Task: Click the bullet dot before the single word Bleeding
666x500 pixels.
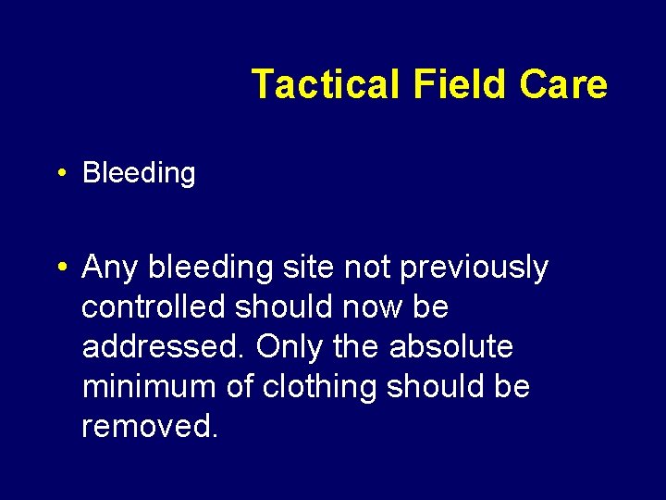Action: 60,173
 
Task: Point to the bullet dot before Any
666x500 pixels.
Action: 60,268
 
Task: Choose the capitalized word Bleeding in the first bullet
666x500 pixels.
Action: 139,173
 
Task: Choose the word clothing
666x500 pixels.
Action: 320,386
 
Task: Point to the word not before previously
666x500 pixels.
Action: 368,268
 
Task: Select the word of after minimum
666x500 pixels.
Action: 240,386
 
